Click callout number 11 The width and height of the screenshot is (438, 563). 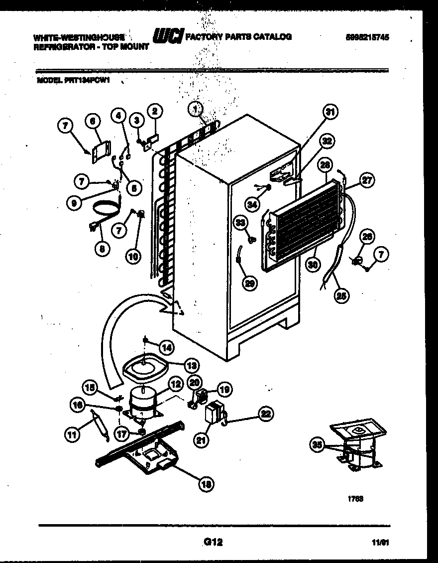point(72,435)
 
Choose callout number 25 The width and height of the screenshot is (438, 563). point(341,294)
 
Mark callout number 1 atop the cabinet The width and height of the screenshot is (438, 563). point(196,107)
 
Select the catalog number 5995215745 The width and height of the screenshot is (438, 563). point(366,36)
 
